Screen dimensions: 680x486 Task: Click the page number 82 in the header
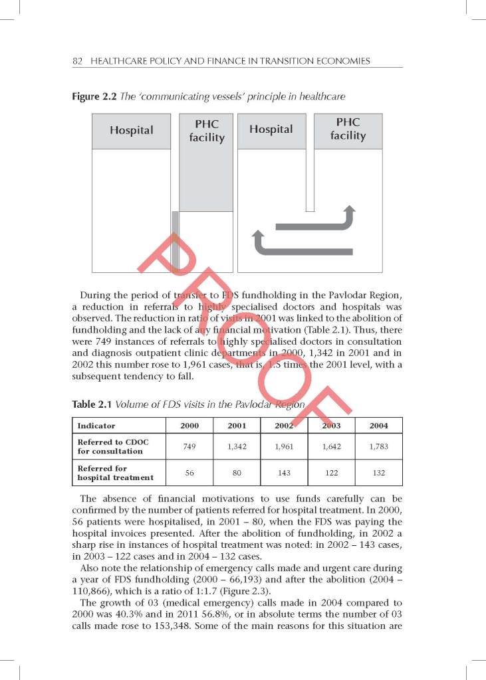pyautogui.click(x=76, y=61)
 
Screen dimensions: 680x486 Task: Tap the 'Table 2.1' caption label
pyautogui.click(x=90, y=404)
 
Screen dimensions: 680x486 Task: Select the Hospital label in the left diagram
pyautogui.click(x=132, y=131)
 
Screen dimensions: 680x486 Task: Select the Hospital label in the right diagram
pyautogui.click(x=271, y=129)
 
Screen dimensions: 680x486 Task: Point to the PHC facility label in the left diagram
pyautogui.click(x=207, y=131)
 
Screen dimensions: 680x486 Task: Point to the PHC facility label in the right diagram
pyautogui.click(x=348, y=129)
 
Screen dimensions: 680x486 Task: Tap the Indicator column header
pyautogui.click(x=96, y=426)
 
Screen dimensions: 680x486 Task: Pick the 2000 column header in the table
pyautogui.click(x=189, y=426)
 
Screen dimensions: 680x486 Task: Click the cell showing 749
pyautogui.click(x=189, y=447)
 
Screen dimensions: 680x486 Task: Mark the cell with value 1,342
pyautogui.click(x=237, y=447)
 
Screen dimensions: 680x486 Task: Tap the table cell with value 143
pyautogui.click(x=284, y=473)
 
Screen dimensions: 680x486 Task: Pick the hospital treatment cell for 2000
pyautogui.click(x=189, y=473)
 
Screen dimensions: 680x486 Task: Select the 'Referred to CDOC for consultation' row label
pyautogui.click(x=110, y=447)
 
